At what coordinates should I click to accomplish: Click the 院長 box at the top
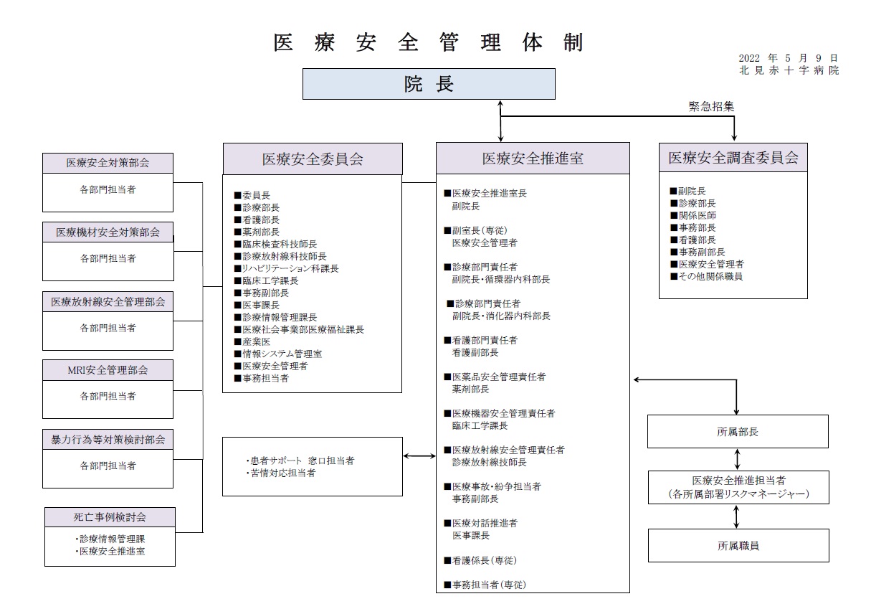(429, 84)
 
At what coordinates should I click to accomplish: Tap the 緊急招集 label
(711, 106)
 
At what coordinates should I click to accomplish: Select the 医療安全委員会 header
(313, 159)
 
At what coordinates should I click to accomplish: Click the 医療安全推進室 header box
(533, 158)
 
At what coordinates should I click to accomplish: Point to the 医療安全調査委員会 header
(733, 158)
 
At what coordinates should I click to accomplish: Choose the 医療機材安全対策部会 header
(108, 232)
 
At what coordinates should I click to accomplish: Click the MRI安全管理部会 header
(108, 370)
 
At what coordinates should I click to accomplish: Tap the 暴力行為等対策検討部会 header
(108, 440)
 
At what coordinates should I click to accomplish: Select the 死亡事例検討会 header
(110, 517)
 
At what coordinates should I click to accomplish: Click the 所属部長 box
(738, 432)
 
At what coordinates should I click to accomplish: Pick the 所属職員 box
(738, 546)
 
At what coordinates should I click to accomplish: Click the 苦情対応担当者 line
(281, 473)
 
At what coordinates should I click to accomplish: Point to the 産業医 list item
(252, 341)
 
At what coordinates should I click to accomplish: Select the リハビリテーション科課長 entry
(287, 268)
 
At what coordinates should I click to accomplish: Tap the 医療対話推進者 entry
(481, 523)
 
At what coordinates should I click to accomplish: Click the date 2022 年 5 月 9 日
(788, 58)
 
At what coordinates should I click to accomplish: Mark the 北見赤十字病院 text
(789, 70)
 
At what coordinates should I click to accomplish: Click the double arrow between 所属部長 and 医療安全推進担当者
(737, 460)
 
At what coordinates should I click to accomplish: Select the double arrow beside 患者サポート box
(419, 456)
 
